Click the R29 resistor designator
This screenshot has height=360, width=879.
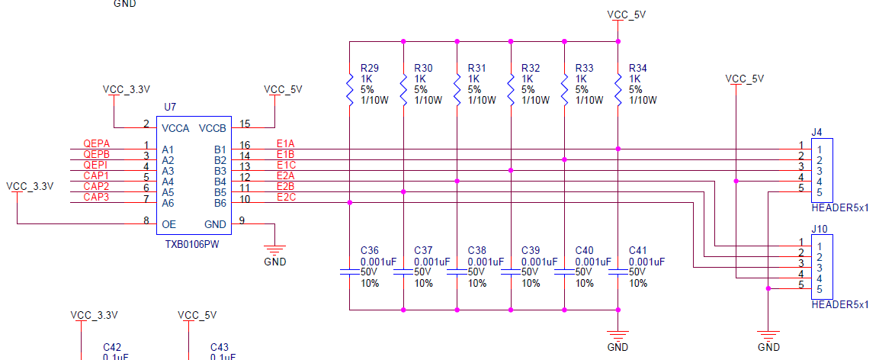[370, 69]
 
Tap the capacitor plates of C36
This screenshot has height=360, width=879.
[349, 272]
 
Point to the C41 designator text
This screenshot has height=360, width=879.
[638, 250]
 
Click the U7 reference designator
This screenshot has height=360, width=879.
[170, 107]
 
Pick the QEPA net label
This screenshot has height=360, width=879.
[96, 143]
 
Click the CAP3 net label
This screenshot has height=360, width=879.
[96, 197]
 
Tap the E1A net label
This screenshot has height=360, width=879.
[286, 143]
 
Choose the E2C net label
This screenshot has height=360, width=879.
[287, 197]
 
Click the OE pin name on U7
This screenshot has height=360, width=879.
[168, 224]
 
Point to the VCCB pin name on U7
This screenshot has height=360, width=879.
[213, 128]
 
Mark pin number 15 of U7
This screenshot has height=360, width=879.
[245, 124]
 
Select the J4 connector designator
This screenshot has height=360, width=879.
[816, 133]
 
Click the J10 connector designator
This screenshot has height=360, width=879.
[819, 230]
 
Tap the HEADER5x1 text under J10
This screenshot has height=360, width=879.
[840, 304]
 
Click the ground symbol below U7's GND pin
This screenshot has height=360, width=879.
[274, 249]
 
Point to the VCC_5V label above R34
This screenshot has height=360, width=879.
[627, 14]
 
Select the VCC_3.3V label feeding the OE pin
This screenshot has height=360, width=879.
[30, 186]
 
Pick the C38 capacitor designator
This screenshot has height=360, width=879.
[477, 250]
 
